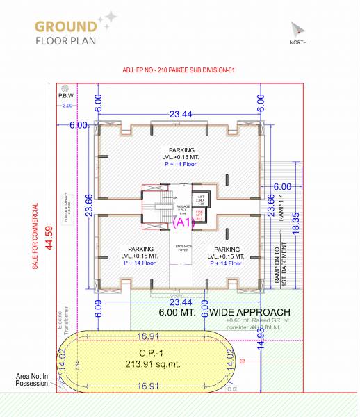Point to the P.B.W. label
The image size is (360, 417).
click(67, 97)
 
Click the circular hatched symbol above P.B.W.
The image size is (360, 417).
click(67, 88)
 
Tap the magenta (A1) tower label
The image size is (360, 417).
click(182, 222)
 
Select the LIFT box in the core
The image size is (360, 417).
click(200, 199)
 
